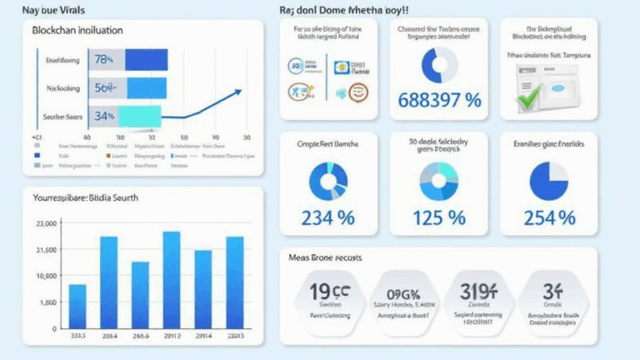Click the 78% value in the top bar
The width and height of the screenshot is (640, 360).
click(x=104, y=59)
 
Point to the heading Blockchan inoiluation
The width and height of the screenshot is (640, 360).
click(x=77, y=30)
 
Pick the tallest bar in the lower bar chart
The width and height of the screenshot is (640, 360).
click(x=172, y=279)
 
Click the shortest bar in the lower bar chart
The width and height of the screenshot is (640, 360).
click(x=77, y=306)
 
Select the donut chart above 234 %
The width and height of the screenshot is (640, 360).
click(x=328, y=181)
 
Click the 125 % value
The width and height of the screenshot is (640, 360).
click(x=439, y=217)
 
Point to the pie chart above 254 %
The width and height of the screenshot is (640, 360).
click(x=548, y=181)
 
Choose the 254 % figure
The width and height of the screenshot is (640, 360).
click(x=548, y=217)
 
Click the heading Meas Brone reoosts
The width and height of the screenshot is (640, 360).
click(x=324, y=258)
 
